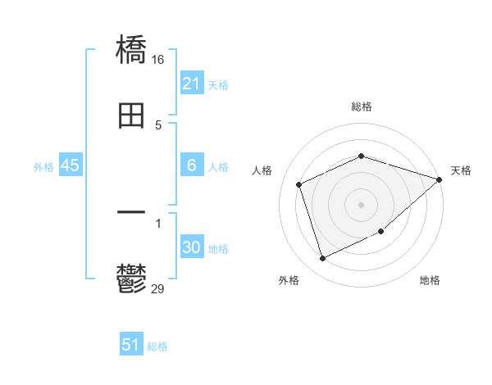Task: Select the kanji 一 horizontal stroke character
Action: [131, 213]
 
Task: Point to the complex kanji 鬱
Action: [131, 279]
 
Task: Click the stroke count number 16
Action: [158, 60]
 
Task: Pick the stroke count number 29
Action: [158, 288]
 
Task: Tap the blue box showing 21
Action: [191, 84]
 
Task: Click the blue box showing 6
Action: [191, 165]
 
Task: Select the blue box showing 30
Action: [191, 247]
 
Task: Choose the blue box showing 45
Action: [71, 165]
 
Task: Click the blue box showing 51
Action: [131, 345]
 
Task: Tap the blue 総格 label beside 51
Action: [157, 346]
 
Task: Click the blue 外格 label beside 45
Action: [43, 166]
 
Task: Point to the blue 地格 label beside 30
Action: [218, 248]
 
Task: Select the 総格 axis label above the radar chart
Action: [361, 106]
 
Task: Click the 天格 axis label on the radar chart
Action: [461, 170]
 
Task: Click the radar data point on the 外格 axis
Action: [322, 259]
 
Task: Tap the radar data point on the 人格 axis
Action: [299, 184]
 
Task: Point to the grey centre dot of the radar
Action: [361, 205]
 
